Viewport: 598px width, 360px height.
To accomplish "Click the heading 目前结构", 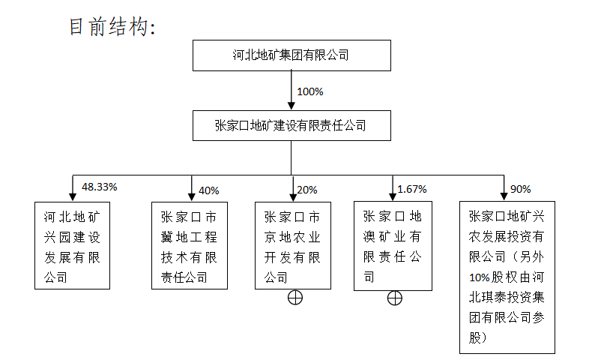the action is click(x=112, y=27).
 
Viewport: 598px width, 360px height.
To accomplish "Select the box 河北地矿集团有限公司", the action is click(x=292, y=55).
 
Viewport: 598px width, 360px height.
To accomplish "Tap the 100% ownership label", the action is click(x=310, y=91).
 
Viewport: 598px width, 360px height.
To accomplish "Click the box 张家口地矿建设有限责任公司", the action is click(x=292, y=125).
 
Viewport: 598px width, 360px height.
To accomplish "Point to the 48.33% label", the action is click(x=100, y=187).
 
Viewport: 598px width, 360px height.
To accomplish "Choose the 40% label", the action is click(x=209, y=190).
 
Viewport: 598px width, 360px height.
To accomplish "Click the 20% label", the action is click(x=307, y=190).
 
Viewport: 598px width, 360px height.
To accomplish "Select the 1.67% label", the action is click(x=412, y=189).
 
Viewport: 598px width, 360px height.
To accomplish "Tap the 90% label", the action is click(x=521, y=189).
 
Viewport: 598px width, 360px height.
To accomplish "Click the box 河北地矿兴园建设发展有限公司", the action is click(x=73, y=245).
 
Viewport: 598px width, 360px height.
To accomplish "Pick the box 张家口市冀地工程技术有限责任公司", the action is click(x=190, y=245).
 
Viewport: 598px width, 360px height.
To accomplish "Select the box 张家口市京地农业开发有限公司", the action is click(x=293, y=245).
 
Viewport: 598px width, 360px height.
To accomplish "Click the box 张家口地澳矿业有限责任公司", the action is click(x=393, y=246).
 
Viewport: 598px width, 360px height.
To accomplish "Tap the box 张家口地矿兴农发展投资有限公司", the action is click(x=507, y=277).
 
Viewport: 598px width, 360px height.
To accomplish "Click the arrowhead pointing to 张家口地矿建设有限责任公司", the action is click(x=292, y=106).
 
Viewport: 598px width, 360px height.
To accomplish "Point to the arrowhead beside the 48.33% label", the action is click(x=73, y=197).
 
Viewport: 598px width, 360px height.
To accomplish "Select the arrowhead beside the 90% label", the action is click(x=504, y=196).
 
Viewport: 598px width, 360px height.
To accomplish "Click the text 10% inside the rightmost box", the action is click(x=480, y=277).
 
